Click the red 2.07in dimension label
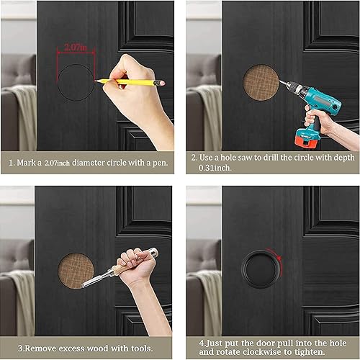[76, 48]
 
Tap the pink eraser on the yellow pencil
[162, 83]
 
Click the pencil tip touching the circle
[96, 81]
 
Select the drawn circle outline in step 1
[58, 82]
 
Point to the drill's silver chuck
[292, 86]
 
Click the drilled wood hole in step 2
[261, 82]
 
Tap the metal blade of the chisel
[93, 279]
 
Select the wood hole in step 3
[76, 271]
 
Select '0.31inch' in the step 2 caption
[215, 168]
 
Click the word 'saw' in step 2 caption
[246, 158]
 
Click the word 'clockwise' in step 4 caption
[261, 352]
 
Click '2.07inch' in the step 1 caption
[57, 163]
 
